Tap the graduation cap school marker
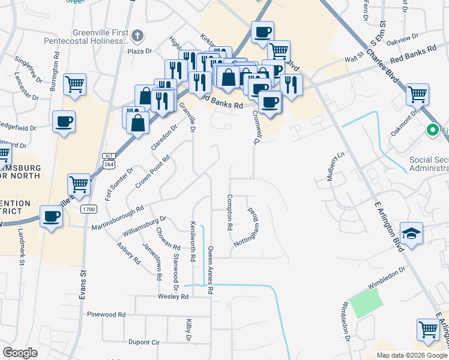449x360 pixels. point(411,233)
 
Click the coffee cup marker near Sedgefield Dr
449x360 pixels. point(64,122)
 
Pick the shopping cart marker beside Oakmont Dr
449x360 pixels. point(417,94)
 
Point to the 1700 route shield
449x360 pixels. point(89,209)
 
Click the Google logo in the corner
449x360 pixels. point(20,353)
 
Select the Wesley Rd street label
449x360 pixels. point(173,296)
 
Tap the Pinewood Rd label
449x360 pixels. point(106,314)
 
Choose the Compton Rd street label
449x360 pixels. point(229,212)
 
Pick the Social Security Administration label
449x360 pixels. point(429,164)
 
